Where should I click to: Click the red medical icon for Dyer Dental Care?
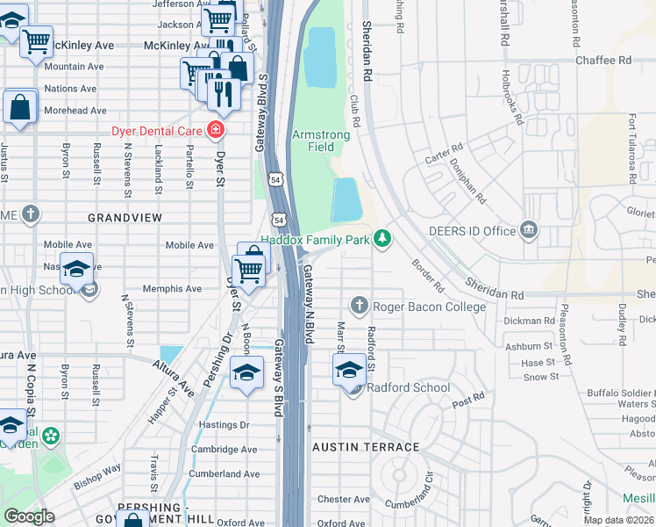[x=216, y=132]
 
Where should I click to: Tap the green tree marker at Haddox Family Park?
[x=381, y=238]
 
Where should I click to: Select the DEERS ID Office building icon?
[x=528, y=231]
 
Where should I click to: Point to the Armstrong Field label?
[x=321, y=141]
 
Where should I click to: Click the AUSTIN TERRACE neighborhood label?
[x=367, y=447]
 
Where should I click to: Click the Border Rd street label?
[x=426, y=274]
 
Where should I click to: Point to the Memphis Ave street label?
[x=172, y=288]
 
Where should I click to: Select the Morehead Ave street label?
[x=75, y=111]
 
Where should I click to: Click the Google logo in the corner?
[x=29, y=516]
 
